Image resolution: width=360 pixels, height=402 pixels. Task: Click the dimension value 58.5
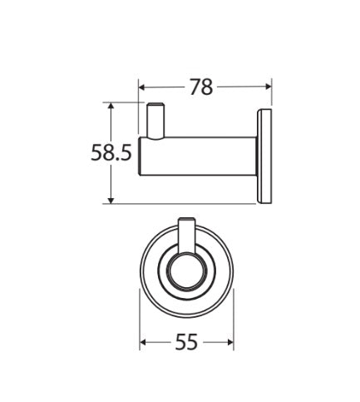pos(111,152)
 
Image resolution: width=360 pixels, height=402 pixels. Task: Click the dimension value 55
pos(186,342)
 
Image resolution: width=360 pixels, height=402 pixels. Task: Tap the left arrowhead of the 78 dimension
pos(142,86)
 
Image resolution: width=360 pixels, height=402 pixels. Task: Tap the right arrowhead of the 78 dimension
pos(268,86)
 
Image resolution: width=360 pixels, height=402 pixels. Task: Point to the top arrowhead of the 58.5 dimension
pos(111,107)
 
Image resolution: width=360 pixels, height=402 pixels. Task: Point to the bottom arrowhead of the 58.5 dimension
pos(111,199)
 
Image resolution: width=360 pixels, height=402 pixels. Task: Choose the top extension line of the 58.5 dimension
pos(125,102)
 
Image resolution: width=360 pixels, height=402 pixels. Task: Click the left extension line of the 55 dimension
pos(140,325)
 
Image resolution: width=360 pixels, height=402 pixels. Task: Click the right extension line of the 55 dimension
pos(234,325)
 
